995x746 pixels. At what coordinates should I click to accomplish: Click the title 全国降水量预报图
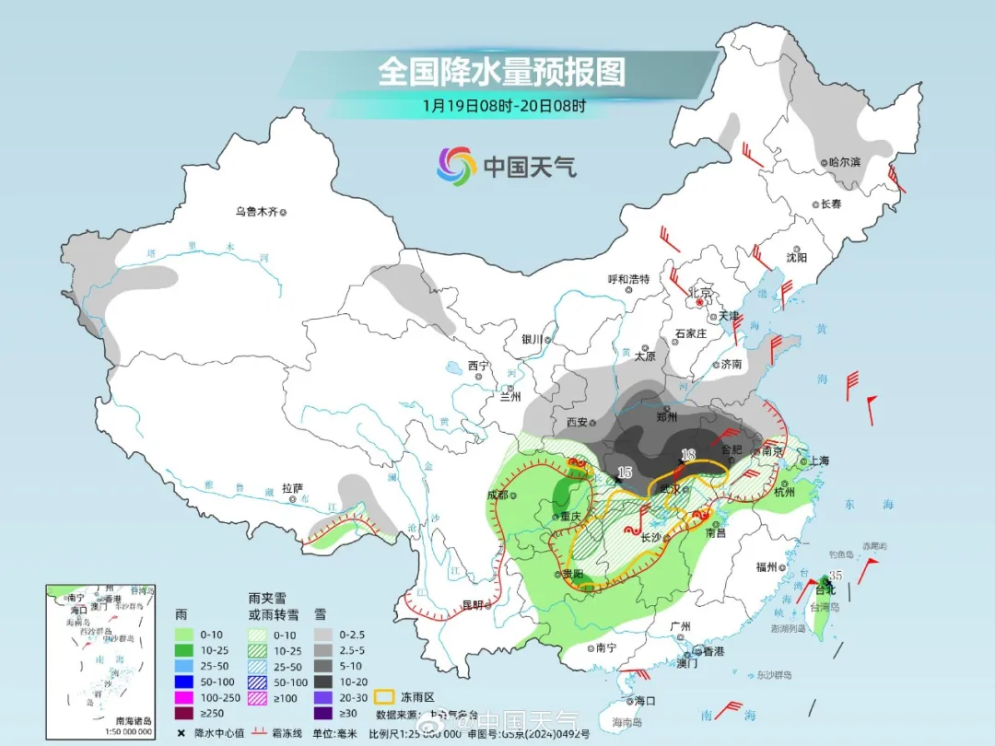501,71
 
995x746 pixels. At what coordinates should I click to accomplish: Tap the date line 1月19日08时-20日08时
504,105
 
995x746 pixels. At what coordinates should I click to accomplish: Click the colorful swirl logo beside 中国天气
455,166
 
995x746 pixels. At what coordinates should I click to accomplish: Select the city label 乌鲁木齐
255,212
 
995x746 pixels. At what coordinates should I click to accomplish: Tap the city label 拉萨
292,488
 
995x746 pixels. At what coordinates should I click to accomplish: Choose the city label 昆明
472,605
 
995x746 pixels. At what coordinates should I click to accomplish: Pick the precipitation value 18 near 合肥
687,454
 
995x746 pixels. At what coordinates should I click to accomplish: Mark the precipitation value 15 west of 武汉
625,472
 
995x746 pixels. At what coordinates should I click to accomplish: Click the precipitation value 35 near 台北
836,576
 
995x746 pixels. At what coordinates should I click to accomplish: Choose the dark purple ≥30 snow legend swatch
323,713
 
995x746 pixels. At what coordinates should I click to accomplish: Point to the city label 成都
497,495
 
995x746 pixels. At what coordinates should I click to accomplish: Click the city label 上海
814,460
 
